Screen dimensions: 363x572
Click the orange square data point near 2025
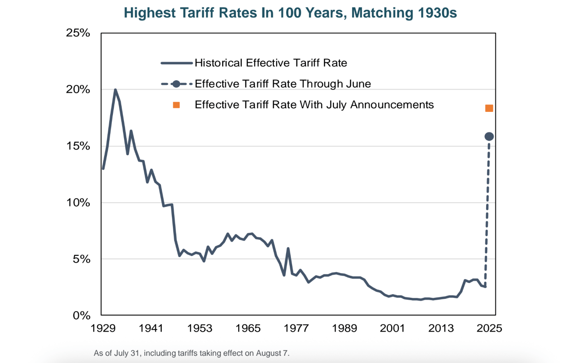(489, 108)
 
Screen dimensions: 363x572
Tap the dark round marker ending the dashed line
(489, 137)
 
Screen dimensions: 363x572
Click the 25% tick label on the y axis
(78, 33)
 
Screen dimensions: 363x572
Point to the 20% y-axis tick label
(78, 90)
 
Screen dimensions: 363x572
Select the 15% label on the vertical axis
(78, 146)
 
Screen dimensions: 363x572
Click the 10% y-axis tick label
(78, 203)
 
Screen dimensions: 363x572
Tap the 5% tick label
(81, 259)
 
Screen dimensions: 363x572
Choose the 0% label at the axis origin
(81, 316)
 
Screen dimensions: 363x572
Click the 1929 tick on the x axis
(103, 328)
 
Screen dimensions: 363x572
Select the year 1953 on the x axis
(200, 328)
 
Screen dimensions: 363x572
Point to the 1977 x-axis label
(296, 328)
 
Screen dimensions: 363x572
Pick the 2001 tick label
(392, 328)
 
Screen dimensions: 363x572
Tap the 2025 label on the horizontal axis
(489, 328)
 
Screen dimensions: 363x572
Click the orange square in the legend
(176, 105)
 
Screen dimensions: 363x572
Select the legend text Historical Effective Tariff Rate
(271, 63)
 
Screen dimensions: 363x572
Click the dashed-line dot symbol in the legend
(176, 84)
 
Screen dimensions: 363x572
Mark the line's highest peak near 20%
(115, 90)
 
